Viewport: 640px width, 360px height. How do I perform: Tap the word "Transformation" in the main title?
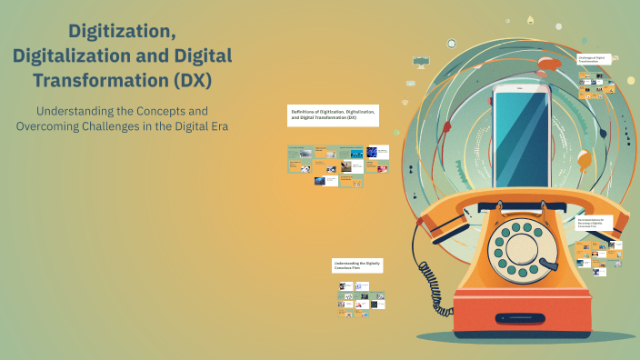point(99,80)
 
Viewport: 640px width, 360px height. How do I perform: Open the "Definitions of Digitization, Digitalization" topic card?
point(332,115)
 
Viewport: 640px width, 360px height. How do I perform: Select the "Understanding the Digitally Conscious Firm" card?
point(357,265)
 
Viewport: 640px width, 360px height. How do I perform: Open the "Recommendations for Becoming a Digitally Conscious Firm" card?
point(595,223)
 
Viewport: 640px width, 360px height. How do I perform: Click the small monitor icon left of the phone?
point(420,62)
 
